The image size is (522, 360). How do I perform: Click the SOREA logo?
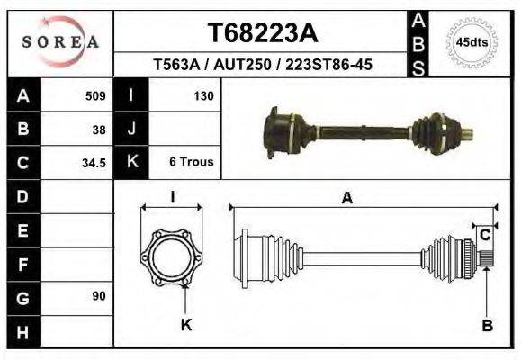click(x=60, y=42)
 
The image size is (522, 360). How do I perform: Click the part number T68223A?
click(x=262, y=32)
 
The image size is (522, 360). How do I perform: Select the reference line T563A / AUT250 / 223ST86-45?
click(x=262, y=65)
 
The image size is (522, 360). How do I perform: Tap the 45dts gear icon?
click(x=472, y=42)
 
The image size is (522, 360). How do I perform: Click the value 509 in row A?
click(x=95, y=95)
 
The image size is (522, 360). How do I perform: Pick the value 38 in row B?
click(x=99, y=129)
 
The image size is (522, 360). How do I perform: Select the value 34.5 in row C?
click(x=94, y=163)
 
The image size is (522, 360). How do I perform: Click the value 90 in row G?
click(x=99, y=296)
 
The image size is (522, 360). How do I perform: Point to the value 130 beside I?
click(x=202, y=95)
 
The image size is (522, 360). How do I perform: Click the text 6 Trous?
click(x=191, y=163)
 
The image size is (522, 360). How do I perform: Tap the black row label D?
click(x=23, y=196)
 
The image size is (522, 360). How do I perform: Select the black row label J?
click(x=132, y=129)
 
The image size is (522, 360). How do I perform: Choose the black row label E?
click(x=23, y=230)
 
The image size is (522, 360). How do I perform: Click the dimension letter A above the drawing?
click(x=346, y=199)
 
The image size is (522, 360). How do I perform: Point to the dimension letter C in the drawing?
click(x=484, y=235)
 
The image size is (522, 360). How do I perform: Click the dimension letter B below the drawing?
click(x=487, y=326)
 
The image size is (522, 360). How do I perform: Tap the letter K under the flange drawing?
click(x=186, y=325)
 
